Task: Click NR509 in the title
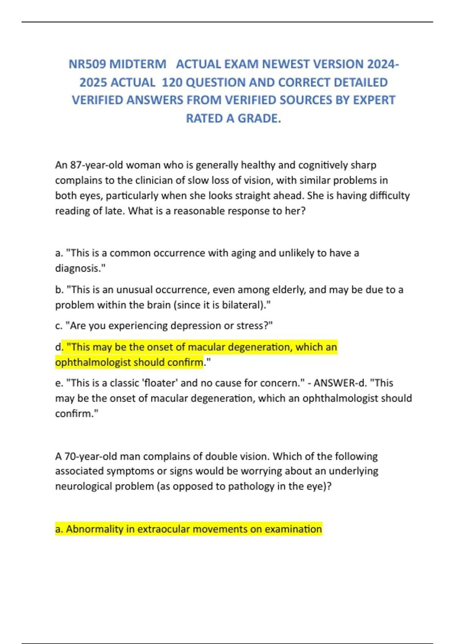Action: [87, 64]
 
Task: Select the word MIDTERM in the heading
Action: [138, 64]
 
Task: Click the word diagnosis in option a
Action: [79, 268]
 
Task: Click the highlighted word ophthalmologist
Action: [93, 363]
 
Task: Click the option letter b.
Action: [58, 290]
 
